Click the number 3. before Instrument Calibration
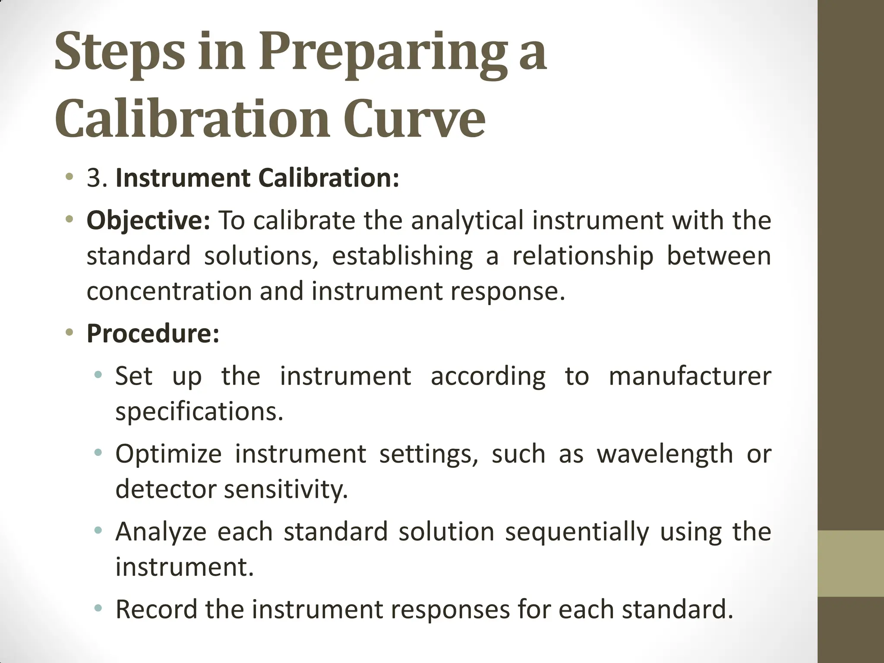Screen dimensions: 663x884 97,178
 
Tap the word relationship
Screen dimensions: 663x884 583,256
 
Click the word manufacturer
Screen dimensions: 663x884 689,376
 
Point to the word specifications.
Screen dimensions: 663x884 199,411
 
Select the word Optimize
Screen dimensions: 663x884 168,454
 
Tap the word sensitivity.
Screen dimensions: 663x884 285,489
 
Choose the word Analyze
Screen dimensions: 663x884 161,532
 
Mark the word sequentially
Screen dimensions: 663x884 577,532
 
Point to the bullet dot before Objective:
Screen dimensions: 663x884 69,220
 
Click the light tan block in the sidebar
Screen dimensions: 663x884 851,563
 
